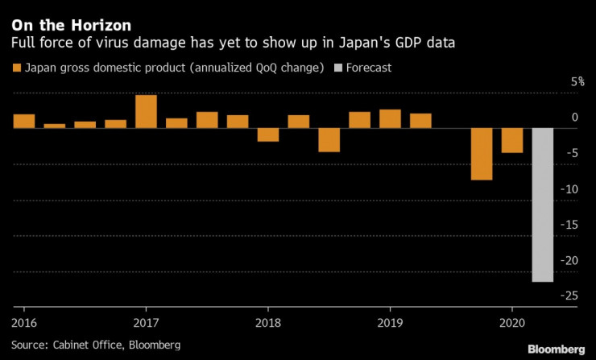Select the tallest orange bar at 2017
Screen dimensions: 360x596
146,111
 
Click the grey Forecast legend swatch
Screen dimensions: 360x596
337,68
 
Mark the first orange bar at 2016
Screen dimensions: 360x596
23,121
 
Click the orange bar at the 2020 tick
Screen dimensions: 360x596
512,140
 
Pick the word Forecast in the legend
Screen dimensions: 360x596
369,68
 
